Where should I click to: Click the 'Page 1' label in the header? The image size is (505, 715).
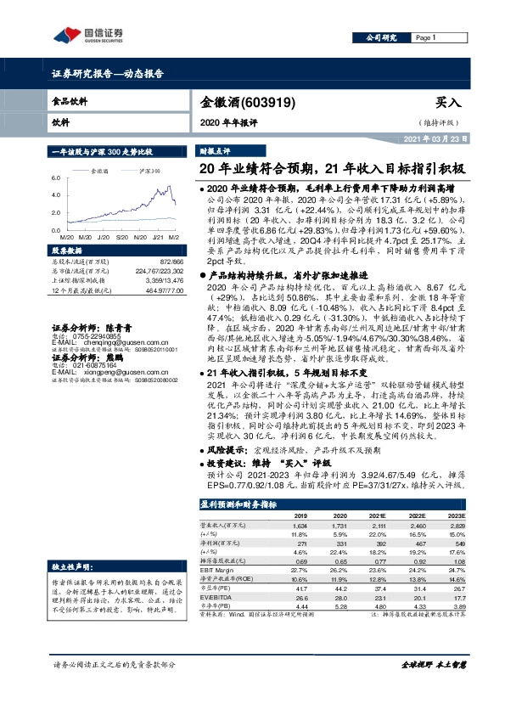coord(426,38)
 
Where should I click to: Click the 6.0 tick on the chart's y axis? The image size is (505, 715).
coord(57,178)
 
